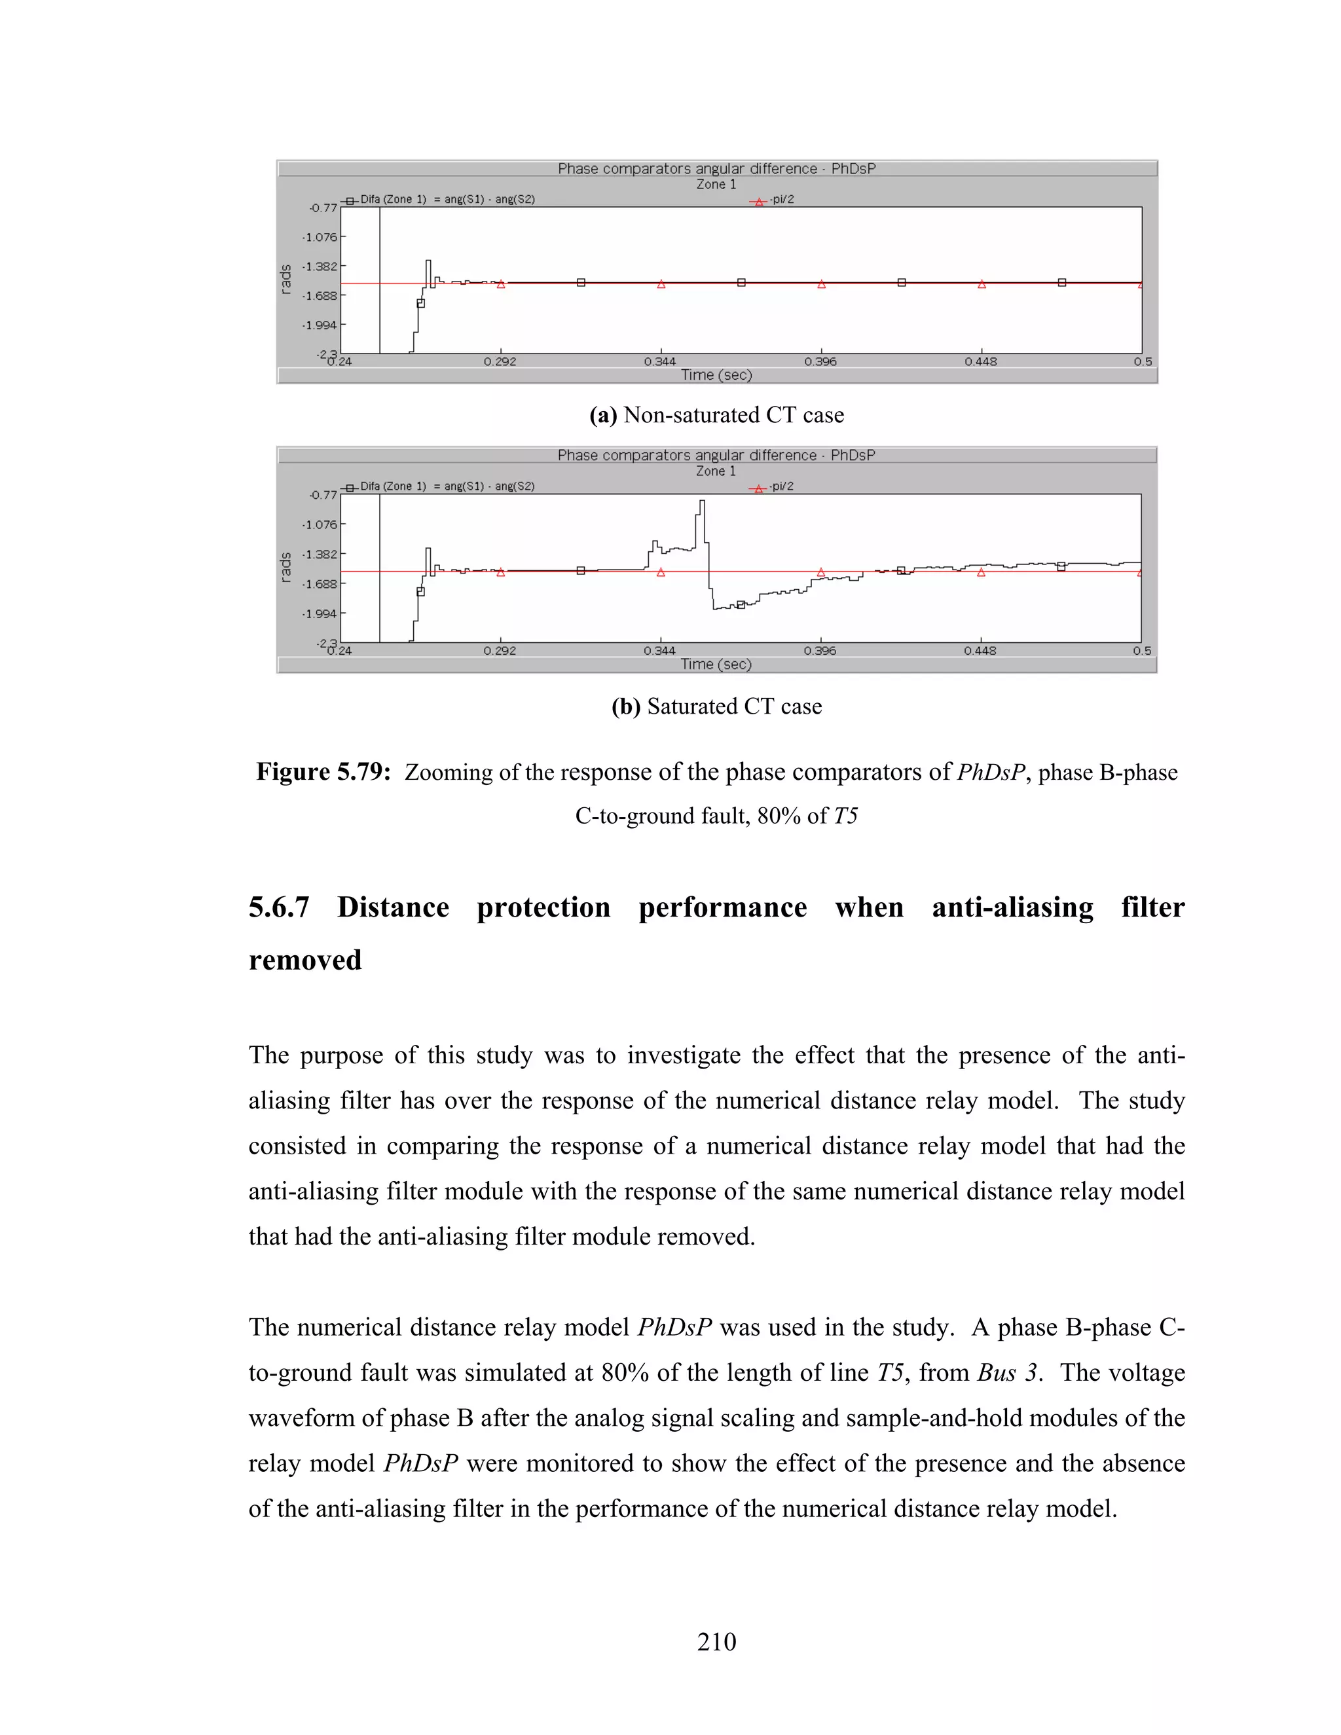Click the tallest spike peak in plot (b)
pos(701,502)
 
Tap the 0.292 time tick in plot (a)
pos(500,361)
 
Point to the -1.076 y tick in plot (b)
pos(320,524)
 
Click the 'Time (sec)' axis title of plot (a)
pos(716,375)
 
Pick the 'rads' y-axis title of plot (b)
pos(286,568)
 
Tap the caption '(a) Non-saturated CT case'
pos(716,414)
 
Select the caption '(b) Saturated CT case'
pos(716,706)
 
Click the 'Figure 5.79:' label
pos(323,772)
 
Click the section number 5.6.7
pos(278,907)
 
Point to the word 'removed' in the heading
pos(305,960)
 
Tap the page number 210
pos(716,1641)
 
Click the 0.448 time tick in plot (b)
pos(980,651)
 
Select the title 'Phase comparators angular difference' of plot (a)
pos(687,168)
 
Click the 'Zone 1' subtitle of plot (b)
pos(716,471)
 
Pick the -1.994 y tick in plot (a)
pos(320,325)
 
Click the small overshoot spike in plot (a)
pos(428,261)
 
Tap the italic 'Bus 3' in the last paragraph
pos(1006,1373)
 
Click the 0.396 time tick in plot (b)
pos(820,651)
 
